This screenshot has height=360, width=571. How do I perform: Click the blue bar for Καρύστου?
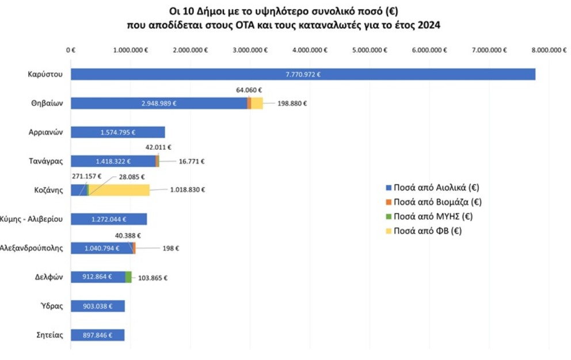(303, 74)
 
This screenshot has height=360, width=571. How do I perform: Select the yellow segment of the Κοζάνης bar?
(119, 190)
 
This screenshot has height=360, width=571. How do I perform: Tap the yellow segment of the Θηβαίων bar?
(257, 103)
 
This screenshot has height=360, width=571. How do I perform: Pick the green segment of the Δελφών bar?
(128, 277)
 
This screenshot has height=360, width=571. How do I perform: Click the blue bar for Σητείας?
(97, 335)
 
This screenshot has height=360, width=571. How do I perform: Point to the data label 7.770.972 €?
(303, 74)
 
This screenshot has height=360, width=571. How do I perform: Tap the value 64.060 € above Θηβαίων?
(249, 90)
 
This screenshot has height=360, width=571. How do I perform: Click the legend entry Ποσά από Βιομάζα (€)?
(437, 202)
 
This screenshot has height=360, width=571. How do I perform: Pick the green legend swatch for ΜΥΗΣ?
(389, 217)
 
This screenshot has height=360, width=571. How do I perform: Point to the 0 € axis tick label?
(71, 50)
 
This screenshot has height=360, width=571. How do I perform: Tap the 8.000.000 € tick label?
(549, 50)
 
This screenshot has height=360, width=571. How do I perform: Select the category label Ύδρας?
(52, 306)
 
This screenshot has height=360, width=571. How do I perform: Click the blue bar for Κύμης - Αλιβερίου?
(109, 219)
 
